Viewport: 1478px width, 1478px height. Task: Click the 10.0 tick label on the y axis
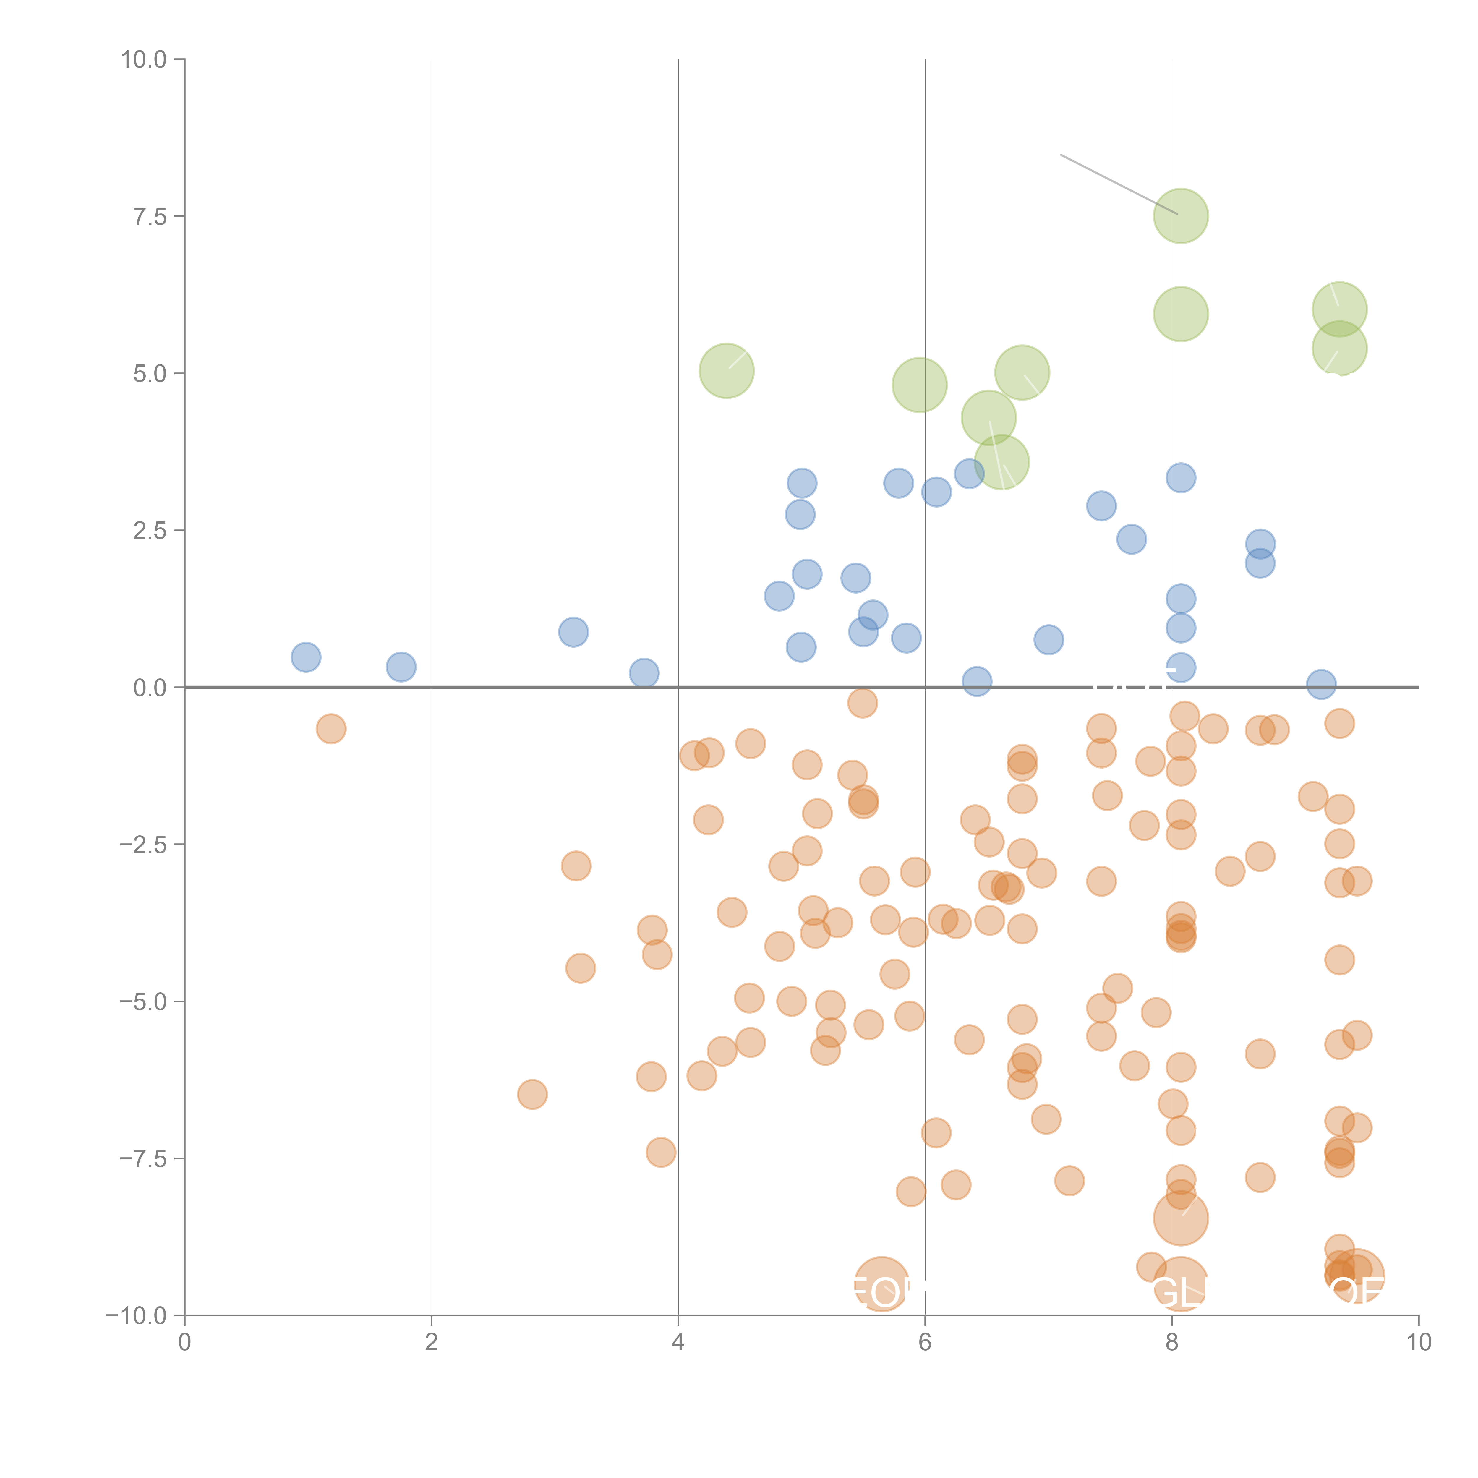pos(144,60)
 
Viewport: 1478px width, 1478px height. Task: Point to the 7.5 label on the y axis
pos(150,216)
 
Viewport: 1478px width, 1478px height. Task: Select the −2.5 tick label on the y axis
pos(143,845)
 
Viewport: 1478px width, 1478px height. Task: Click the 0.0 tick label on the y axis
pos(150,688)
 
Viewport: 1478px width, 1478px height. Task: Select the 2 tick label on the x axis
pos(432,1343)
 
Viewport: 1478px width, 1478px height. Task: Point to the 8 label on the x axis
pos(1172,1343)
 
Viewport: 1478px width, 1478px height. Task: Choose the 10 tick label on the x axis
pos(1418,1343)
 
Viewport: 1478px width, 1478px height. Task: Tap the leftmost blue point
pos(306,657)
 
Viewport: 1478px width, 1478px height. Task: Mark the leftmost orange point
pos(330,729)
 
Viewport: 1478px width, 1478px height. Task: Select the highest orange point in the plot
pos(862,703)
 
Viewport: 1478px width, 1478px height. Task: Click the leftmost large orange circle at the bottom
pos(881,1283)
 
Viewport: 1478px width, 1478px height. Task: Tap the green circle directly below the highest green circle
pos(1180,314)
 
